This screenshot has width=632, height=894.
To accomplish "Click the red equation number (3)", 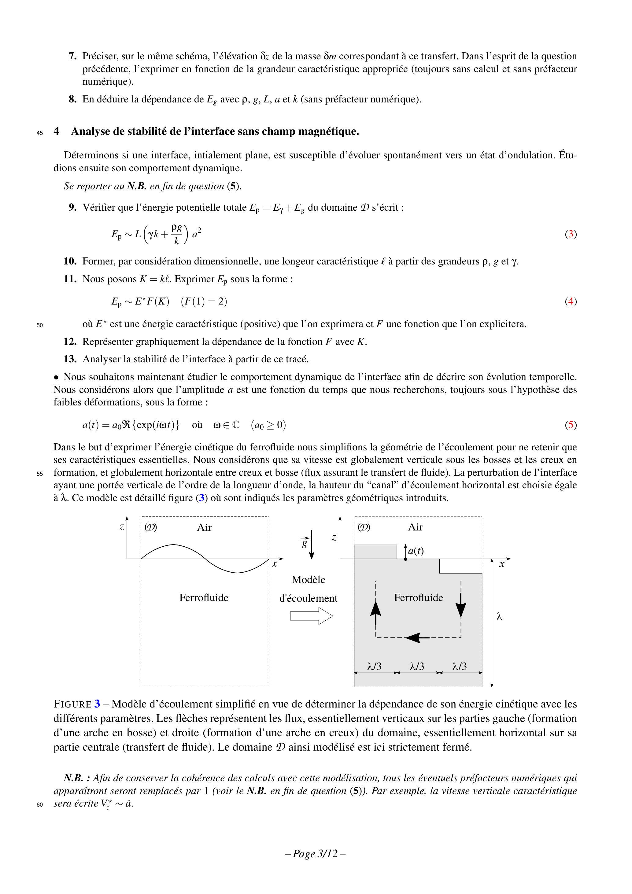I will (571, 234).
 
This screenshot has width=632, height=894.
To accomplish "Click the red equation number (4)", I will (571, 301).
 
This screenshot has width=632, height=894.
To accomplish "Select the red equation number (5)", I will (571, 425).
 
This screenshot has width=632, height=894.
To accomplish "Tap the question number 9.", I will (72, 208).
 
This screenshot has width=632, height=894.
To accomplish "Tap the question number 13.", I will (70, 359).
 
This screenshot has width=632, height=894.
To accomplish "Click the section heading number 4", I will (57, 131).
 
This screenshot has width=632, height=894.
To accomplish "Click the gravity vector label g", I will (305, 542).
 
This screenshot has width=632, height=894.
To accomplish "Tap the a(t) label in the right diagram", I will (416, 551).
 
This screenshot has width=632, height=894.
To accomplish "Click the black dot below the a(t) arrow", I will (405, 559).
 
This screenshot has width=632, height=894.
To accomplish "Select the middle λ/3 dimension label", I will (417, 666).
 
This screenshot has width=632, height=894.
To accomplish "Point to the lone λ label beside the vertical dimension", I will (500, 617).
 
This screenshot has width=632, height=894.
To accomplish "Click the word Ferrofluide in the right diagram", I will (418, 598).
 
